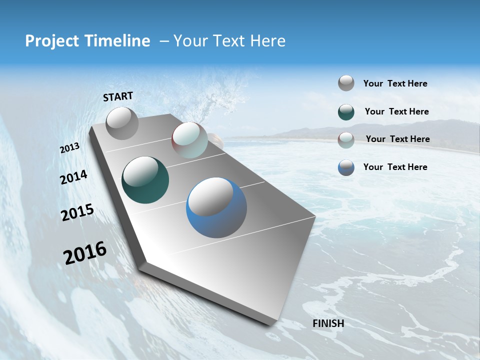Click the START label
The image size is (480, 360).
coord(118,96)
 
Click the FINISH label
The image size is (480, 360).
coord(328,323)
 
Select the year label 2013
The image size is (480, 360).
coord(70,148)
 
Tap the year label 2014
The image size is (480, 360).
coord(74,177)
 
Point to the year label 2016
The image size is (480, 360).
coord(85,253)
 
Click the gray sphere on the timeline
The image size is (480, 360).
coord(122,123)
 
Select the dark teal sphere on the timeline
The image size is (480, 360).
coord(145,180)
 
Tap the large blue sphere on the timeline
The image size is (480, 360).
coord(216,207)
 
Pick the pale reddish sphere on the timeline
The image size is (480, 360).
coord(189,140)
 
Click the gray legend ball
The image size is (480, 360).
coord(346,83)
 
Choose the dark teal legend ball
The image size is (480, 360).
coord(346,112)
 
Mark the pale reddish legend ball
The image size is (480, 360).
coord(346,140)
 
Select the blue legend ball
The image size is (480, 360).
coord(346,167)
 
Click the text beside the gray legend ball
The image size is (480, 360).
coord(395,83)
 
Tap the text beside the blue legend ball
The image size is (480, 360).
coord(395,167)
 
